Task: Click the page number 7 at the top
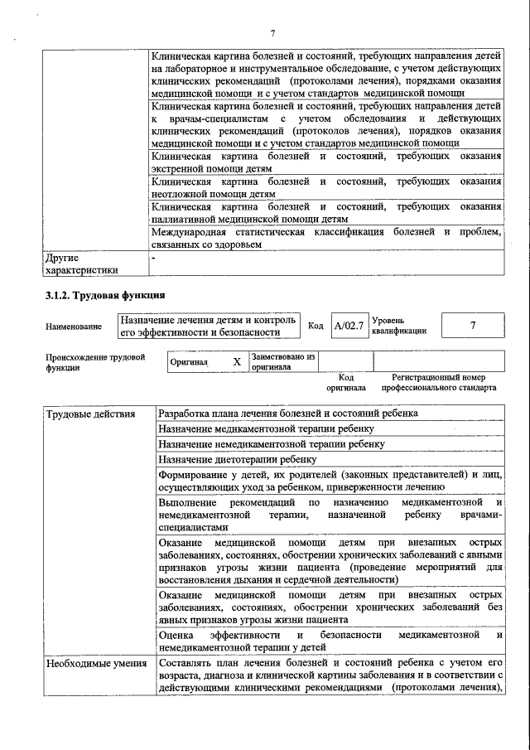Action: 272,33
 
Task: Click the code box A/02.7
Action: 349,326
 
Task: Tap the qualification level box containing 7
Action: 472,326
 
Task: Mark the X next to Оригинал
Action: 237,362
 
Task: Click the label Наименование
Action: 75,327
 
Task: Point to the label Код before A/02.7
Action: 316,326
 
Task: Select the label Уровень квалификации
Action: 400,325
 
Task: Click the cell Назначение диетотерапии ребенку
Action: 238,459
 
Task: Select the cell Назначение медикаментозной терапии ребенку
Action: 266,428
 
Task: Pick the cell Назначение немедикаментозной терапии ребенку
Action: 272,444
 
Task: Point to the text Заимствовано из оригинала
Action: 284,362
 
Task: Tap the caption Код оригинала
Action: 345,382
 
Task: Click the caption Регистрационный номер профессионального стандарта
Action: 438,382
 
